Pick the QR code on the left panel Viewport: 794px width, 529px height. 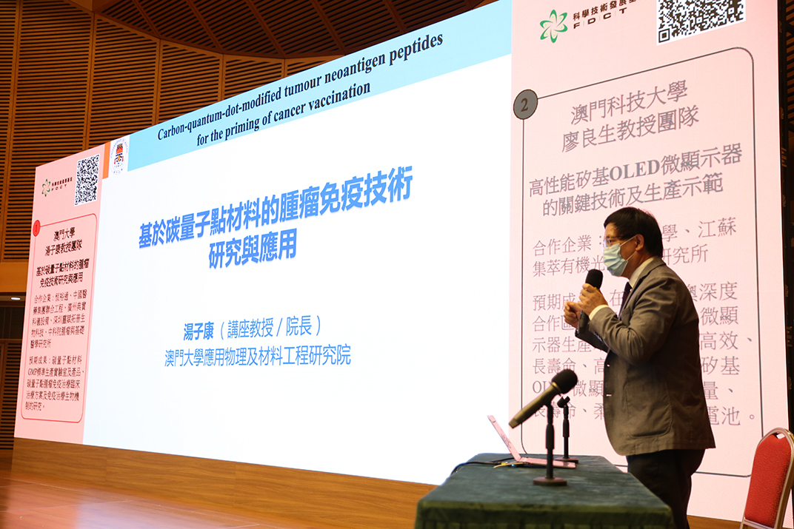pyautogui.click(x=87, y=180)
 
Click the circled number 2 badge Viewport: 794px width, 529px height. pyautogui.click(x=525, y=104)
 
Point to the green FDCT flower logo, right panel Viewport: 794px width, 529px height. pyautogui.click(x=553, y=26)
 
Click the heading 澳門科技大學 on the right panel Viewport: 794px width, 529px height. pyautogui.click(x=629, y=103)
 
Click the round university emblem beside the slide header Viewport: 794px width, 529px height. pyautogui.click(x=119, y=155)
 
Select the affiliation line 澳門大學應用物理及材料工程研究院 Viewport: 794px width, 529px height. pyautogui.click(x=257, y=357)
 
